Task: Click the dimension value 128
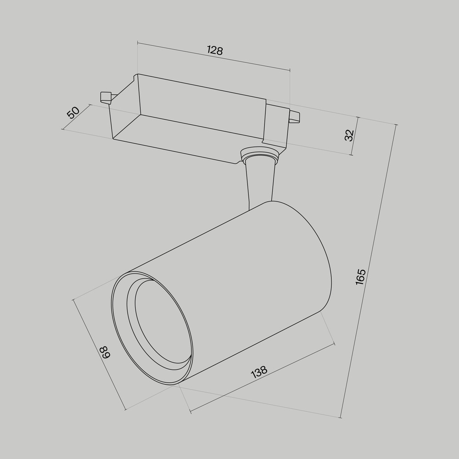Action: click(214, 50)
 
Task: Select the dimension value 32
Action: click(349, 135)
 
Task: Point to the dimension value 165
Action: click(361, 277)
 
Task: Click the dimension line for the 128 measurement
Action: click(248, 62)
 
